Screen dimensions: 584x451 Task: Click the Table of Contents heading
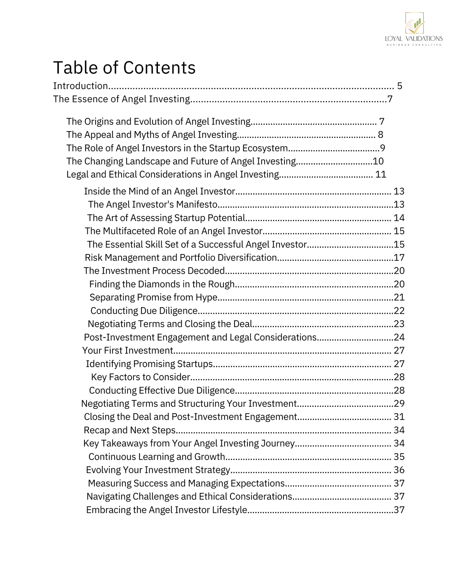124,67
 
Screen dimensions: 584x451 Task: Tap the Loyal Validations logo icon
414,23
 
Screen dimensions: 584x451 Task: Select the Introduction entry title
81,86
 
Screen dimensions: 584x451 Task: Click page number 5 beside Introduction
400,86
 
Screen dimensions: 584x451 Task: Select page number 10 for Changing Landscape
378,161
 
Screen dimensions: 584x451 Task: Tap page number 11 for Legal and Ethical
381,174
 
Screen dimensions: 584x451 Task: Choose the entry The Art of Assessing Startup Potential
166,218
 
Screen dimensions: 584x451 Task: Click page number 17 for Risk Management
399,258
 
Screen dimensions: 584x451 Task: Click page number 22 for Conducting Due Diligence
399,311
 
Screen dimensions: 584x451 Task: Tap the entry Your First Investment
127,351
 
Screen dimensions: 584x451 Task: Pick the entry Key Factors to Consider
140,377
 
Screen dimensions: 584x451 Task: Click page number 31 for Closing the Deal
399,417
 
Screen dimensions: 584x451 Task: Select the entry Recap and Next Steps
130,430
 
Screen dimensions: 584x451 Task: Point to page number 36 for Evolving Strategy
399,470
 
